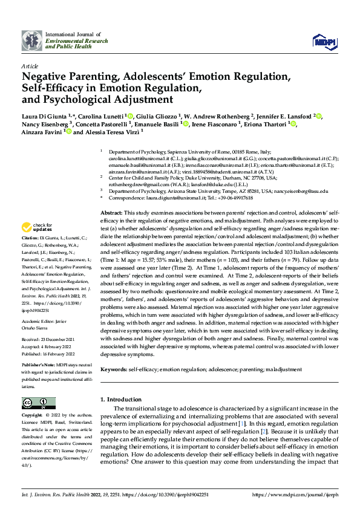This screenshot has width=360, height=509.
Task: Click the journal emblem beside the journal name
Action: pyautogui.click(x=31, y=41)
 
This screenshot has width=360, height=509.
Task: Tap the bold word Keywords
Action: pyautogui.click(x=114, y=369)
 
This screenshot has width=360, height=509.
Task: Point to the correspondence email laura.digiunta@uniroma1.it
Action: pyautogui.click(x=177, y=198)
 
